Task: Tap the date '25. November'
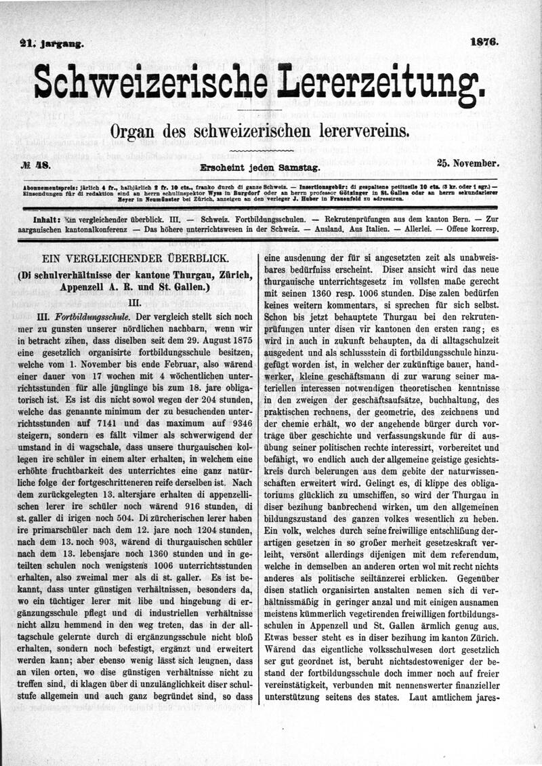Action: coord(468,163)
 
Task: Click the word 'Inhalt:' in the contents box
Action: coord(47,220)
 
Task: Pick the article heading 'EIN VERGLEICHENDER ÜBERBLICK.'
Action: coord(135,259)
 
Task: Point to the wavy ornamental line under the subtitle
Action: coord(262,148)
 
